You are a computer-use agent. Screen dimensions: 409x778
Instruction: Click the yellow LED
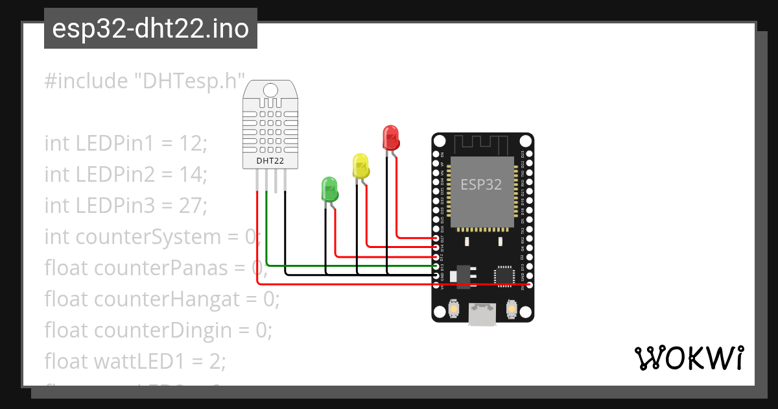click(360, 166)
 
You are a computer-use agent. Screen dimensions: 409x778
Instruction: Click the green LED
click(329, 189)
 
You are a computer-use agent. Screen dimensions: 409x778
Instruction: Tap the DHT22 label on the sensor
click(269, 160)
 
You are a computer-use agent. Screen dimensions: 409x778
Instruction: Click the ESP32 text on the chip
click(481, 184)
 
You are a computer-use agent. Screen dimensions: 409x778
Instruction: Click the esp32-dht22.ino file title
click(150, 29)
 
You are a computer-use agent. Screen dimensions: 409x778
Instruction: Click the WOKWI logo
click(689, 358)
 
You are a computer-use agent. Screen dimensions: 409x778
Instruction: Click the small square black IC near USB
click(504, 275)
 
